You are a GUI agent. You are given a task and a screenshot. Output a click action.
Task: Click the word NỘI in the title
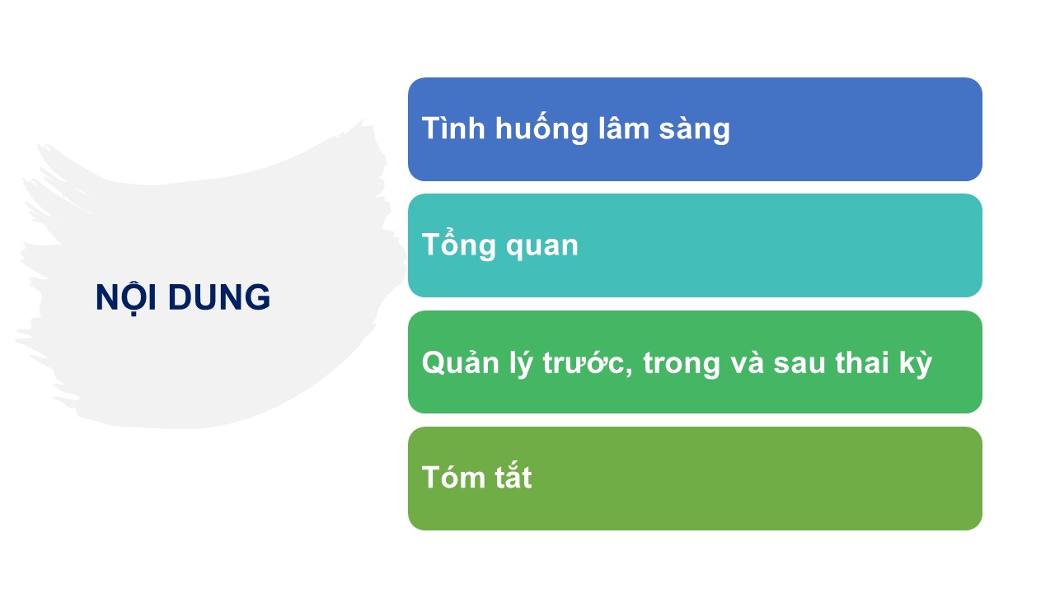126,297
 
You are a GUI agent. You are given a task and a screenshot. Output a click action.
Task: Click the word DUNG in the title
219,297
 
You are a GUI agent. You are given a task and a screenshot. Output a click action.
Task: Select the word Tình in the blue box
453,128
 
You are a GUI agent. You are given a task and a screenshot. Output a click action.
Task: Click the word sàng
694,128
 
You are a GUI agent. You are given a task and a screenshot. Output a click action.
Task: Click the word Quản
461,362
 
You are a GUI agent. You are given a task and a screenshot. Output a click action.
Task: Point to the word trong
682,364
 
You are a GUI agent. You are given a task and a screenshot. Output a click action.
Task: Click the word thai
862,362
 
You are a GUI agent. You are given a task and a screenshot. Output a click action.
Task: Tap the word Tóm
453,477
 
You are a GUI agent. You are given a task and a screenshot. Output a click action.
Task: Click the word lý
521,362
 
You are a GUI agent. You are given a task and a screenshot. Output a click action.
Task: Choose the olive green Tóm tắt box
695,479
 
